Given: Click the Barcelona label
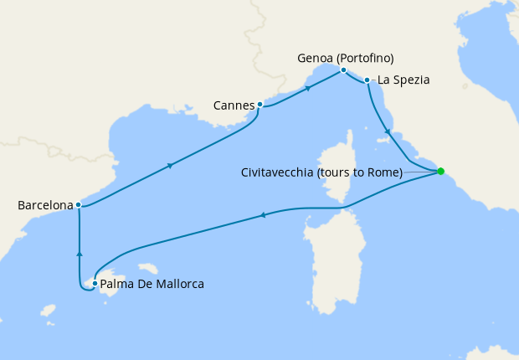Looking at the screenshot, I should pyautogui.click(x=44, y=204).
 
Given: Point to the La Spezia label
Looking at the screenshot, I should pyautogui.click(x=403, y=80).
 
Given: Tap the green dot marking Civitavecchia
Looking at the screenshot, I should pyautogui.click(x=441, y=172).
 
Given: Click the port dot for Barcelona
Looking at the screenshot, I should pyautogui.click(x=78, y=204).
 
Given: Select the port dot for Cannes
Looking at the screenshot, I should pyautogui.click(x=260, y=105).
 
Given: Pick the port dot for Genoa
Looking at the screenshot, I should pyautogui.click(x=343, y=69).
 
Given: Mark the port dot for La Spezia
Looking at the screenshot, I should pyautogui.click(x=367, y=80).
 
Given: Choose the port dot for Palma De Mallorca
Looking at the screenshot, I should pyautogui.click(x=95, y=284).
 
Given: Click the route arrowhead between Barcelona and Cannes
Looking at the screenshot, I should pyautogui.click(x=171, y=166).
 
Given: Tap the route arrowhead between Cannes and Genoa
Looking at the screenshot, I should pyautogui.click(x=308, y=87).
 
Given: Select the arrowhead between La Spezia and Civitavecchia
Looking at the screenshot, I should pyautogui.click(x=386, y=132).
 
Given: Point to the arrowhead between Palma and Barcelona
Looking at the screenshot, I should pyautogui.click(x=79, y=253).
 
